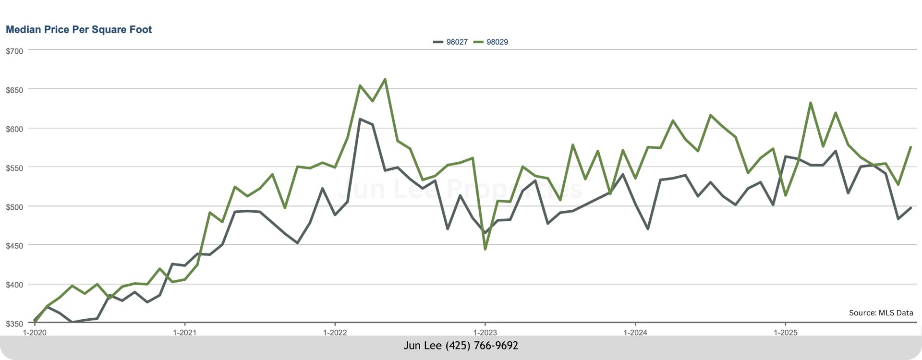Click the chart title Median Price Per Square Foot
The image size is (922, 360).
tap(79, 30)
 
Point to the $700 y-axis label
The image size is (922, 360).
tap(14, 51)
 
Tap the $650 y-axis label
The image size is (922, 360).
tap(14, 90)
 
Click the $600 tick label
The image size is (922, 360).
tap(14, 129)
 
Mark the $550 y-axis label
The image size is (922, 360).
tap(14, 168)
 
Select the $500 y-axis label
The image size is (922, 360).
tap(14, 207)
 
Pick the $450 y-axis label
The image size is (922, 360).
tap(14, 246)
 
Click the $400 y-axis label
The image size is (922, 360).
tap(14, 285)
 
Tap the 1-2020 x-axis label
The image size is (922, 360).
tap(35, 333)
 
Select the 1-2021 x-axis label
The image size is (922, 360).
tap(185, 333)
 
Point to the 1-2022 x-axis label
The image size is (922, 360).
tap(335, 333)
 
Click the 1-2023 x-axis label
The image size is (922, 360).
tap(485, 333)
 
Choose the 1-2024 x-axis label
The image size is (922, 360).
tap(635, 333)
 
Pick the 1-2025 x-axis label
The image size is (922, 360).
tap(785, 333)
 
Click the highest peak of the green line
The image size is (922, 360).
tap(385, 80)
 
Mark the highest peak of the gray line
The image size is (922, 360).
tap(360, 119)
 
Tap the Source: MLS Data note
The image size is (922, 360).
tap(881, 313)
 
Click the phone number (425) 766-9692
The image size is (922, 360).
tap(482, 346)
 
